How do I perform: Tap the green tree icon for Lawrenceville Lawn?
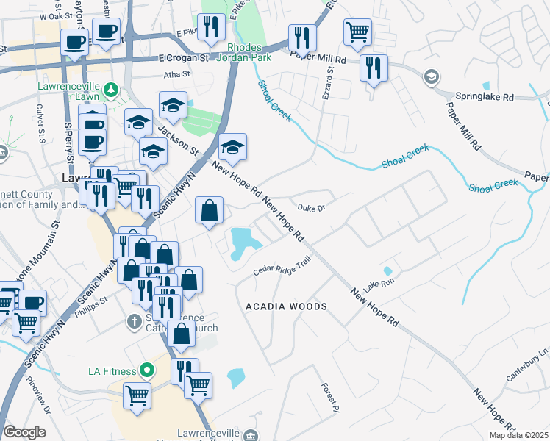click(111, 90)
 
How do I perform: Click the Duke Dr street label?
click(311, 207)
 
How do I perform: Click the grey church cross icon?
click(134, 321)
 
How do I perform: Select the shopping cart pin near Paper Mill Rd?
click(357, 32)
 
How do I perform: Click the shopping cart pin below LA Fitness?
click(137, 395)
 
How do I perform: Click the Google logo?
click(24, 432)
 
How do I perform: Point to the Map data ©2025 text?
click(517, 435)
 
